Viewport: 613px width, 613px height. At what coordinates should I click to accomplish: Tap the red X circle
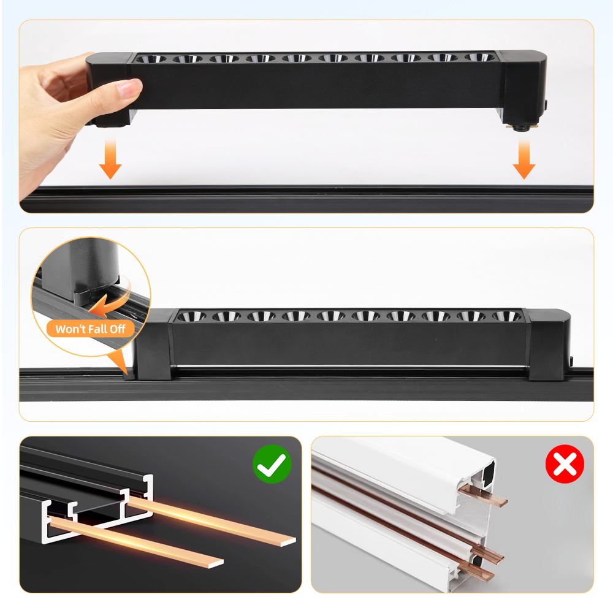pos(565,463)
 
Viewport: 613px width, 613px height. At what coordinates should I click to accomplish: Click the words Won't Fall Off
pos(90,329)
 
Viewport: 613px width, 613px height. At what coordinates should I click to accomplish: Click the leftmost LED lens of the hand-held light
pos(151,59)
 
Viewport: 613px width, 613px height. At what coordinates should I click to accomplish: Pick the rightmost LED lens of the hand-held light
pos(479,57)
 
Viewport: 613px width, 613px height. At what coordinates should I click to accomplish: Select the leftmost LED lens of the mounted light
pos(191,316)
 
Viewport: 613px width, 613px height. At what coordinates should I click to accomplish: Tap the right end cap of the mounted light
pos(549,344)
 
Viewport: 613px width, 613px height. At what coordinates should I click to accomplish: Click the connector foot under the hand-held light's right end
pos(522,127)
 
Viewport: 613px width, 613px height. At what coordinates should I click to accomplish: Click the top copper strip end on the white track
pos(483,496)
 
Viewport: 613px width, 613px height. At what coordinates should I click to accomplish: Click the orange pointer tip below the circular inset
pos(126,372)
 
